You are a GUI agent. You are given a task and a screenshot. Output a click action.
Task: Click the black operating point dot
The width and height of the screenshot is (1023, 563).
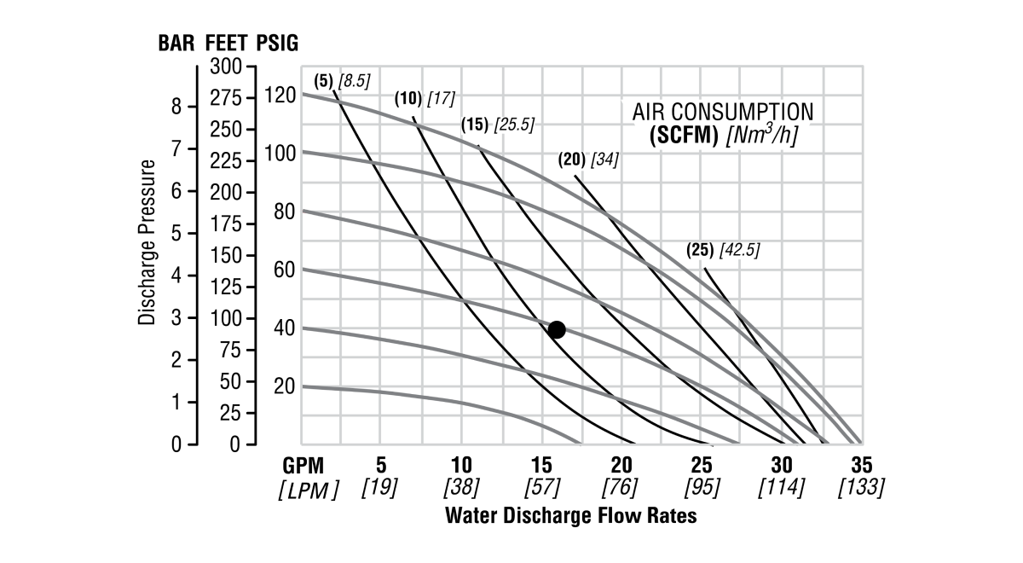click(557, 329)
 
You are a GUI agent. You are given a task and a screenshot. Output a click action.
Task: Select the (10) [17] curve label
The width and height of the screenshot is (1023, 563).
click(425, 99)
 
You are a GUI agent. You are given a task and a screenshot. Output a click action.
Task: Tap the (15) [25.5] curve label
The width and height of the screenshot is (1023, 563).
click(498, 125)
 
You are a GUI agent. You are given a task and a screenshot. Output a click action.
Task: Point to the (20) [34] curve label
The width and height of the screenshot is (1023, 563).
click(587, 159)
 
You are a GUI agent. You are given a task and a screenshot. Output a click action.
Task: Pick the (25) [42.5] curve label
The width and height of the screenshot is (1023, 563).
click(722, 251)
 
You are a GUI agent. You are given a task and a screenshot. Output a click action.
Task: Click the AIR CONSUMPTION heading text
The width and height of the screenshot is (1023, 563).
click(722, 112)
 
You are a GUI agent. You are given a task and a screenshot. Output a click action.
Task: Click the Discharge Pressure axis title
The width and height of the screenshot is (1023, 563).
click(147, 241)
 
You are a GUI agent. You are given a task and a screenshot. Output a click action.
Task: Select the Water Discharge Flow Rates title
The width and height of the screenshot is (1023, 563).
click(570, 516)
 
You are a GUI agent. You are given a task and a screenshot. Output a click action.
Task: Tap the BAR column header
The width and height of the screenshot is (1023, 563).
click(177, 44)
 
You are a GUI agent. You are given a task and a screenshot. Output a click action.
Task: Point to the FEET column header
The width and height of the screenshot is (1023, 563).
click(226, 44)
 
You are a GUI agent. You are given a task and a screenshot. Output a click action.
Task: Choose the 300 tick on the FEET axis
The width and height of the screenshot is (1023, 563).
click(227, 67)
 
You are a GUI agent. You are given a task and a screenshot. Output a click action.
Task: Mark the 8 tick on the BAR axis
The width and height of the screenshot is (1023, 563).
click(176, 107)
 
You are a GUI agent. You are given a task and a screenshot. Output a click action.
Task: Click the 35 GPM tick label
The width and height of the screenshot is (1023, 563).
click(861, 466)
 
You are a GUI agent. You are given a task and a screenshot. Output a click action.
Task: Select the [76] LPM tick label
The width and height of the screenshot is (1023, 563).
click(621, 488)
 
